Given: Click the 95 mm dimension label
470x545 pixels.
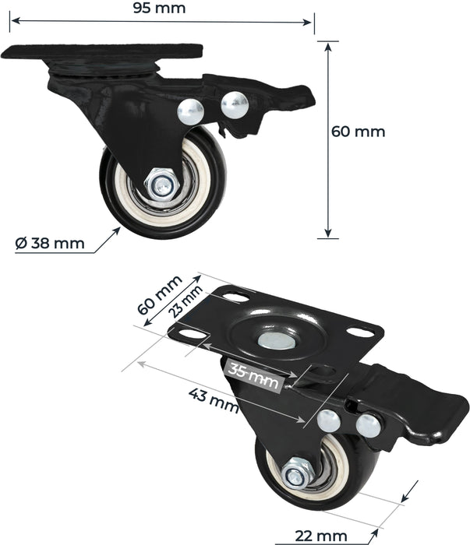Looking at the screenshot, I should click(159, 9).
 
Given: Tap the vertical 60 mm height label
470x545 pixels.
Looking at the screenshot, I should click(359, 131).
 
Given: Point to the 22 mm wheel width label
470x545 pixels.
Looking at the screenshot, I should click(321, 535).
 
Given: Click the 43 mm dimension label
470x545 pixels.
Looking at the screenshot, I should click(213, 399).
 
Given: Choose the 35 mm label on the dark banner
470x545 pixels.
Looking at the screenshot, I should click(253, 375).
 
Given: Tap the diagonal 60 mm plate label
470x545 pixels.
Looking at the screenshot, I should click(159, 294).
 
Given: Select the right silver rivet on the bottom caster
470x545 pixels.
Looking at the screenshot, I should click(369, 425).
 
